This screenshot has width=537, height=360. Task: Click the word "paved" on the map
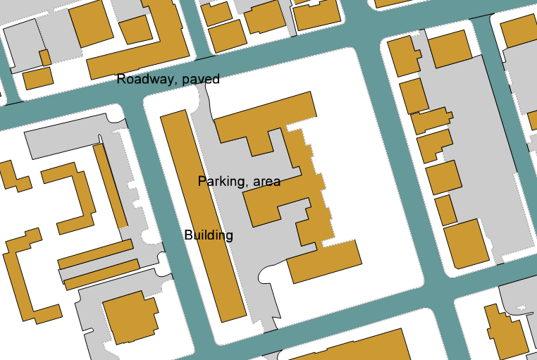[200, 80]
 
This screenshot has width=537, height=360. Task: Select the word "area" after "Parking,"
[266, 182]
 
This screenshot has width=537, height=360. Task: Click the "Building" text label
[209, 235]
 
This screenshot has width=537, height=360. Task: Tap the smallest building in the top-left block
[45, 58]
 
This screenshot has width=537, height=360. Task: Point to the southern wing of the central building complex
[324, 261]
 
